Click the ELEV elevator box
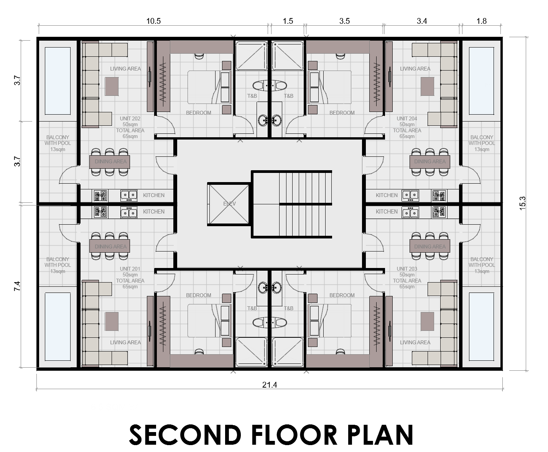[229, 204]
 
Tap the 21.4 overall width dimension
[269, 385]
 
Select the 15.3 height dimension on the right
[522, 203]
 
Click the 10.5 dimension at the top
[153, 21]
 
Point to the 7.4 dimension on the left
[17, 286]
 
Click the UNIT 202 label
[130, 119]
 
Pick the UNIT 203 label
[407, 269]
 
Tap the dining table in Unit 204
[430, 161]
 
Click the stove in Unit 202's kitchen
[100, 196]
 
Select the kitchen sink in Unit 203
[410, 212]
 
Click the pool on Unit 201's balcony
[58, 327]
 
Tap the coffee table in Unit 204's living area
[427, 87]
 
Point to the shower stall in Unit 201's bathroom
[251, 352]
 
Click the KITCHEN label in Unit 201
[153, 212]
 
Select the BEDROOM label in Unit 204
[342, 113]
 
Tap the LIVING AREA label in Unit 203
[415, 342]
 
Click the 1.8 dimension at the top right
[481, 21]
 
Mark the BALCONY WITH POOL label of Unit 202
[58, 143]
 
